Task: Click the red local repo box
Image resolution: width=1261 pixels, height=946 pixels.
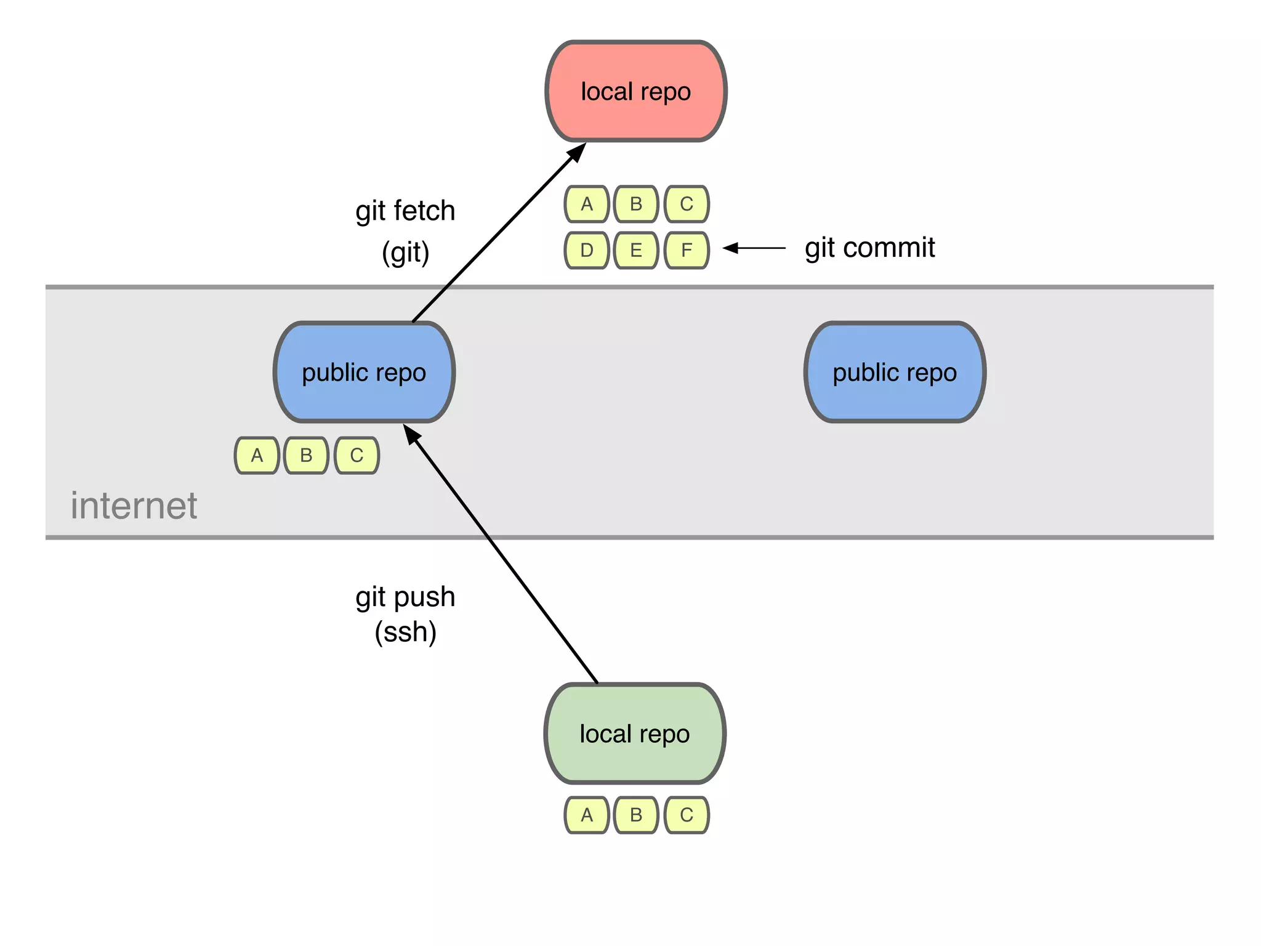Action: point(636,91)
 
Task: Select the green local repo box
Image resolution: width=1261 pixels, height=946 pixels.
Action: point(635,734)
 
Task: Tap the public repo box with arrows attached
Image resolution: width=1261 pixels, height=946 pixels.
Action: point(364,372)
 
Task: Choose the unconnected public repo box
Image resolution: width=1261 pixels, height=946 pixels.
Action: point(895,372)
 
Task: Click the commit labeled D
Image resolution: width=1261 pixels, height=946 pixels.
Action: point(587,250)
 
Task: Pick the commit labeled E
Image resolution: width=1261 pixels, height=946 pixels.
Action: point(636,250)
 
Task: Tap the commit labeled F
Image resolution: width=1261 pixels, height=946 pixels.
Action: point(687,250)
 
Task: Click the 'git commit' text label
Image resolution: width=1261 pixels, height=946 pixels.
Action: point(869,248)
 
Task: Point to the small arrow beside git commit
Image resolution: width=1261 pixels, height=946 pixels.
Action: point(754,248)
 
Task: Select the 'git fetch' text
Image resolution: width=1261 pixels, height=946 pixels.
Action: point(405,211)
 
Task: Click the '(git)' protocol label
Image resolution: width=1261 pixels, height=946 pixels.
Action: point(405,253)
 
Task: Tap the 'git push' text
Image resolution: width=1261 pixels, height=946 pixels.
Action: point(405,597)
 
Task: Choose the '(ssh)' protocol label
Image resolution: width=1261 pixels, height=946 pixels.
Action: point(405,633)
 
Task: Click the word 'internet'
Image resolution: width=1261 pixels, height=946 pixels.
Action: point(134,506)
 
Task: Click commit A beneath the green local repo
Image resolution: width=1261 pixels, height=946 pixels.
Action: point(587,815)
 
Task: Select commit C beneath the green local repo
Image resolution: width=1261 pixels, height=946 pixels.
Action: point(687,815)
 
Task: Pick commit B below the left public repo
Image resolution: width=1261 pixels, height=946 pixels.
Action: point(306,455)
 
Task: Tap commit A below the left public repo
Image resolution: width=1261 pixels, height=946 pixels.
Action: point(257,455)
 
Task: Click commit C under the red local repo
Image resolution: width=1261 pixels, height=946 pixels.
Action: point(687,204)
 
